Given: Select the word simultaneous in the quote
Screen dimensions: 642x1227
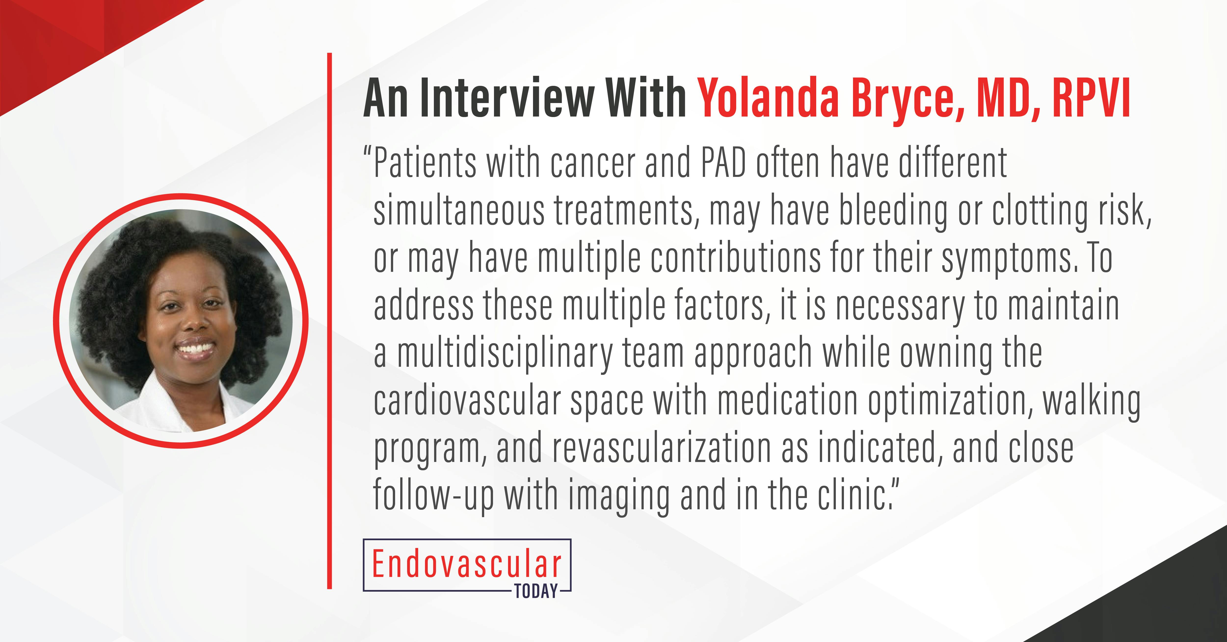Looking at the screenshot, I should coord(459,211).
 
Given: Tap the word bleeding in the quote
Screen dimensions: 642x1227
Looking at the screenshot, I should coord(893,211).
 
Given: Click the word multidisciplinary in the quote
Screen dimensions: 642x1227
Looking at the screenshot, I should coord(505,354).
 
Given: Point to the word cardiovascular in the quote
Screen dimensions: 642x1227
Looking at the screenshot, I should coord(467,402).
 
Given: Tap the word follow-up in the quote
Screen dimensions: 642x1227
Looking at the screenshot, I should coord(433,497).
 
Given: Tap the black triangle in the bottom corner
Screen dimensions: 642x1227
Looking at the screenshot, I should coord(1167,605).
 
